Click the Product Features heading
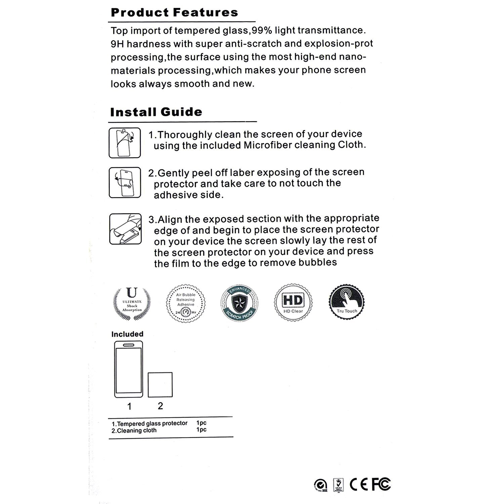pyautogui.click(x=174, y=13)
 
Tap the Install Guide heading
pyautogui.click(x=156, y=112)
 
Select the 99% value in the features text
pyautogui.click(x=262, y=31)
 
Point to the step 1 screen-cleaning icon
pyautogui.click(x=125, y=143)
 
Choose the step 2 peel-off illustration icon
pyautogui.click(x=125, y=182)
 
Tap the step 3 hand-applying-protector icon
pyautogui.click(x=125, y=229)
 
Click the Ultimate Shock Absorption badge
pyautogui.click(x=132, y=302)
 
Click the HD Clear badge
pyautogui.click(x=293, y=302)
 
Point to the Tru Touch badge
pyautogui.click(x=347, y=302)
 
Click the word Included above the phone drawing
pyautogui.click(x=127, y=334)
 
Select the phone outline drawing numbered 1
pyautogui.click(x=129, y=369)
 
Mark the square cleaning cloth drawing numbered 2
pyautogui.click(x=160, y=385)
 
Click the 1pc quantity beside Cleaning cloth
pyautogui.click(x=201, y=430)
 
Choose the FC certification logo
pyautogui.click(x=381, y=484)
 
